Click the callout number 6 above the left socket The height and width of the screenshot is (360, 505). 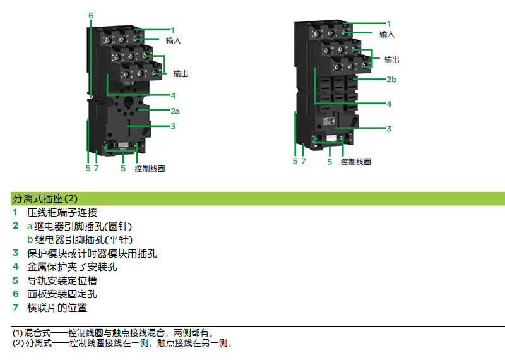(91, 15)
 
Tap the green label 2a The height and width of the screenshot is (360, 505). (175, 111)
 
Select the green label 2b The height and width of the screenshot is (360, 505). (391, 80)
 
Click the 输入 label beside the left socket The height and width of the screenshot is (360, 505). (173, 41)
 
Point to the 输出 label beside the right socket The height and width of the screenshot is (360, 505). (391, 59)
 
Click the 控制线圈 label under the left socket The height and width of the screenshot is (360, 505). (150, 169)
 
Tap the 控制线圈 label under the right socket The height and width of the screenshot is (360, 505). (355, 162)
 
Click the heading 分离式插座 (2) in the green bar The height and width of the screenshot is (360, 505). (45, 198)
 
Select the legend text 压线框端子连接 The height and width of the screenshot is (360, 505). (62, 213)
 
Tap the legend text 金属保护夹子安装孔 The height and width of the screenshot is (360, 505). (72, 267)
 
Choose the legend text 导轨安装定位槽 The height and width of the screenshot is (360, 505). (62, 280)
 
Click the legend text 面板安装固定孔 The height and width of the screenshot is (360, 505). (62, 294)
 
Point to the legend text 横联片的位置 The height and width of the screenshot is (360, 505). (57, 308)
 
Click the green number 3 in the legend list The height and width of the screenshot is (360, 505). (15, 253)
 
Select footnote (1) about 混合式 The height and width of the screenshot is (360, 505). (113, 333)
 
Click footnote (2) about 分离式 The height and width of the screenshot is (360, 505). (122, 343)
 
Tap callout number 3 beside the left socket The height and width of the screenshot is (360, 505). (173, 126)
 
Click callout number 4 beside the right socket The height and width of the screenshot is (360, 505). (389, 104)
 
